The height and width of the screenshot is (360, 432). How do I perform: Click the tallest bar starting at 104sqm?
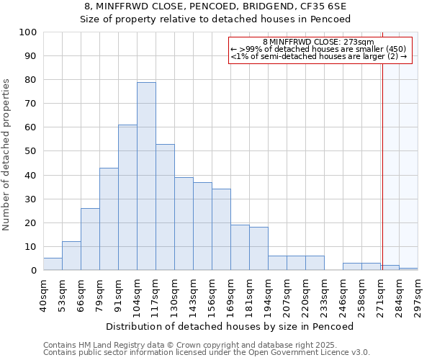point(146,176)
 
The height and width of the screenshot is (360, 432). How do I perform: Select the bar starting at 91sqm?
point(127,197)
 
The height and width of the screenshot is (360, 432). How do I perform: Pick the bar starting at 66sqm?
point(90,239)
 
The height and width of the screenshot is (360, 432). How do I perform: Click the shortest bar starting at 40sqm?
point(53,264)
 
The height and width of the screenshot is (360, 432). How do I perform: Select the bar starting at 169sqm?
point(240,248)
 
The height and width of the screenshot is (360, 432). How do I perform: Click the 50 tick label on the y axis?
point(30,151)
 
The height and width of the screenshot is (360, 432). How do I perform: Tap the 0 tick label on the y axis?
point(33,271)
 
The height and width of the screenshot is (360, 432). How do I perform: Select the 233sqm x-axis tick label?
point(324,295)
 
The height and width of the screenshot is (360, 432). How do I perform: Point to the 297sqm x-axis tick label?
point(418,295)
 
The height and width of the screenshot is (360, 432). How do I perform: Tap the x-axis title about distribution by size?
point(230,326)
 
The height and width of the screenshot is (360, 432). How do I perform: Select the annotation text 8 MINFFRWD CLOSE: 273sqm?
point(318,42)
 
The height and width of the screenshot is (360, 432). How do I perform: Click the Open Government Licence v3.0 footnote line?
point(207,353)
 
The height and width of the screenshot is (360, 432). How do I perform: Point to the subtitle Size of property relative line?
point(215,19)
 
